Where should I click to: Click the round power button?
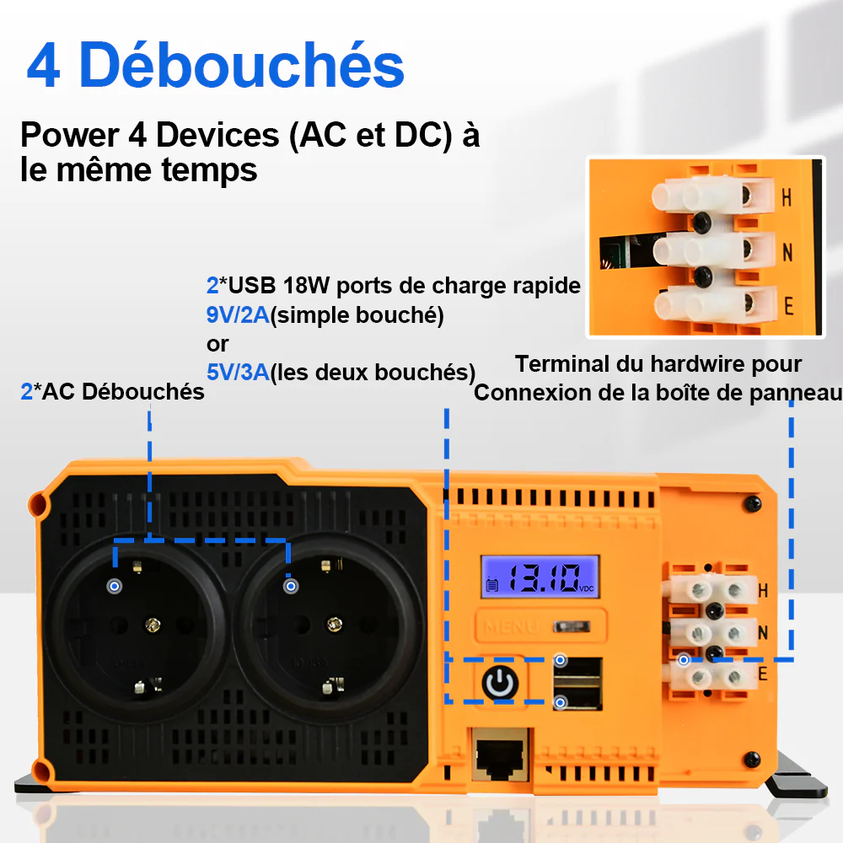click(x=501, y=683)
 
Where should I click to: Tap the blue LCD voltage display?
click(x=540, y=577)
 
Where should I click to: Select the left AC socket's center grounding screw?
click(x=153, y=625)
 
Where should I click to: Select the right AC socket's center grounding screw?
click(x=335, y=624)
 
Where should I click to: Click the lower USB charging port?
click(x=578, y=696)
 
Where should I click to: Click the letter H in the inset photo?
click(x=787, y=198)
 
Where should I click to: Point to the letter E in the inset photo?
click(x=788, y=306)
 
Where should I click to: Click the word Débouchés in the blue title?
click(x=241, y=66)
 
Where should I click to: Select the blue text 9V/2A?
click(x=238, y=315)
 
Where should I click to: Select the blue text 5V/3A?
click(x=238, y=372)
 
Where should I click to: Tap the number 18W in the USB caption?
click(x=306, y=286)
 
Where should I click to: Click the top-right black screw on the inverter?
click(x=752, y=504)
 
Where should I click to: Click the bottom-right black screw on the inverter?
click(x=752, y=760)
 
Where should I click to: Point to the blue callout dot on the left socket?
click(x=115, y=586)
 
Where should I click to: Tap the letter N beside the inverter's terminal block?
click(x=762, y=633)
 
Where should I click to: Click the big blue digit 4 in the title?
click(x=43, y=66)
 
